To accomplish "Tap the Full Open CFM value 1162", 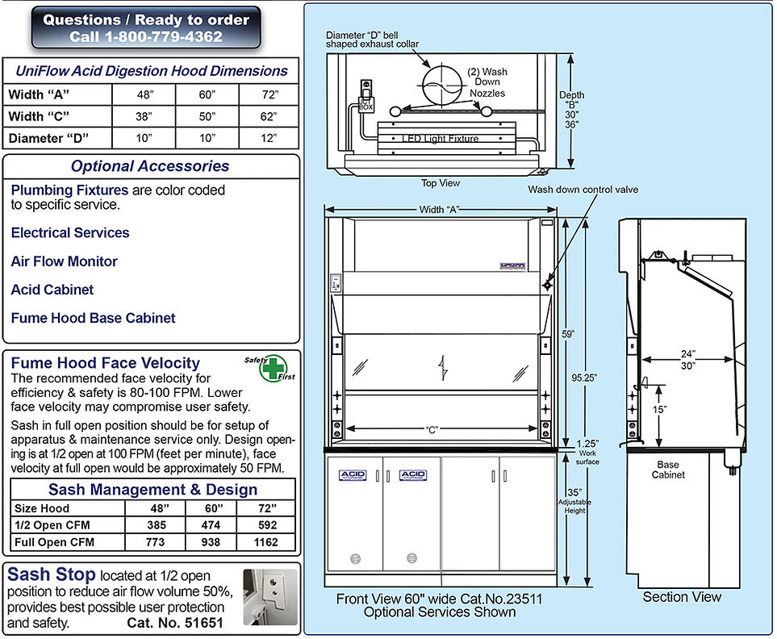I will tap(265, 542).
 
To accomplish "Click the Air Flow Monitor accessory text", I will tap(64, 261).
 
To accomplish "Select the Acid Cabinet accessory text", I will tap(52, 290).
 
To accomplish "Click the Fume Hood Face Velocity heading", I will tap(105, 363).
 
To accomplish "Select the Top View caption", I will tap(441, 183).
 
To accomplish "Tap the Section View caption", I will tap(682, 597).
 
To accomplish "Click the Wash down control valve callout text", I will tap(583, 190).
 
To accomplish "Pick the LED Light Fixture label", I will tap(440, 139).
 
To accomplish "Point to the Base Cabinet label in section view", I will tap(669, 470).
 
